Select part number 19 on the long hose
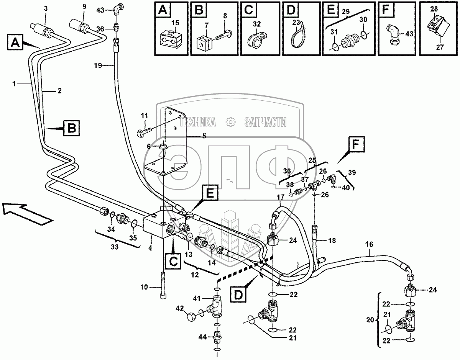[x=98, y=65]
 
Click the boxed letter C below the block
[x=173, y=261]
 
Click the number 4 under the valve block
[x=150, y=249]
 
